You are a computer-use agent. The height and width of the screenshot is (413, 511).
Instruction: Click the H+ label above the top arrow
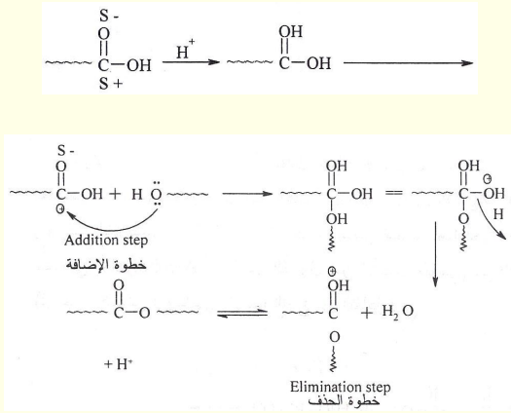186,49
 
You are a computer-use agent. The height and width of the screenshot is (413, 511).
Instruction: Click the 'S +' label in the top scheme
111,84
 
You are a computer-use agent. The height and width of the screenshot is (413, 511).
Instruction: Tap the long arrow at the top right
409,63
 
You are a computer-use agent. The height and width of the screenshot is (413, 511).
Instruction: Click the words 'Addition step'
106,241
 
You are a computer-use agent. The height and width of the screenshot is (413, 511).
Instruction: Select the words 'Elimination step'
341,388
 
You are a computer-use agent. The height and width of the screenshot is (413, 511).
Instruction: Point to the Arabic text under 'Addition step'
106,264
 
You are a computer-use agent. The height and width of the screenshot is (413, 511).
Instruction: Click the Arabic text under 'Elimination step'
345,400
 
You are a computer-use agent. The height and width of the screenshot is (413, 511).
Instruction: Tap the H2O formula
397,312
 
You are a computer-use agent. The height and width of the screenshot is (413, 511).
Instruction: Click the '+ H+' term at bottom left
119,363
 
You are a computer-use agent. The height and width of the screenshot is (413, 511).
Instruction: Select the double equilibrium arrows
242,313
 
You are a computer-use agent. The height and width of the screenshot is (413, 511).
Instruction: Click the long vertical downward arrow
435,254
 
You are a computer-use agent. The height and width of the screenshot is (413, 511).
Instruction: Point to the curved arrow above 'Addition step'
113,226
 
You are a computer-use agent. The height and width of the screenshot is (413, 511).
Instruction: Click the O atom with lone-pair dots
157,195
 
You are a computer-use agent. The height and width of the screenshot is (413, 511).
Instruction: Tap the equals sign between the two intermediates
393,193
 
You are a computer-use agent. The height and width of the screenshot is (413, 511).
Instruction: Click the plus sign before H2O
367,313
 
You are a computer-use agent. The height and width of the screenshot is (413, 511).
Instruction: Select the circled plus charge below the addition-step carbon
60,209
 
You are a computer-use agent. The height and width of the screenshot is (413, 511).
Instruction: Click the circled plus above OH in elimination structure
332,271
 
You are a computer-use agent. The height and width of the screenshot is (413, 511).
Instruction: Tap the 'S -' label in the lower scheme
66,151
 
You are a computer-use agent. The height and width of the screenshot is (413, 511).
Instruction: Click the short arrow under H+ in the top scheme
191,61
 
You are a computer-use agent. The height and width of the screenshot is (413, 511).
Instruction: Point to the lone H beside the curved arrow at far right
498,214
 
